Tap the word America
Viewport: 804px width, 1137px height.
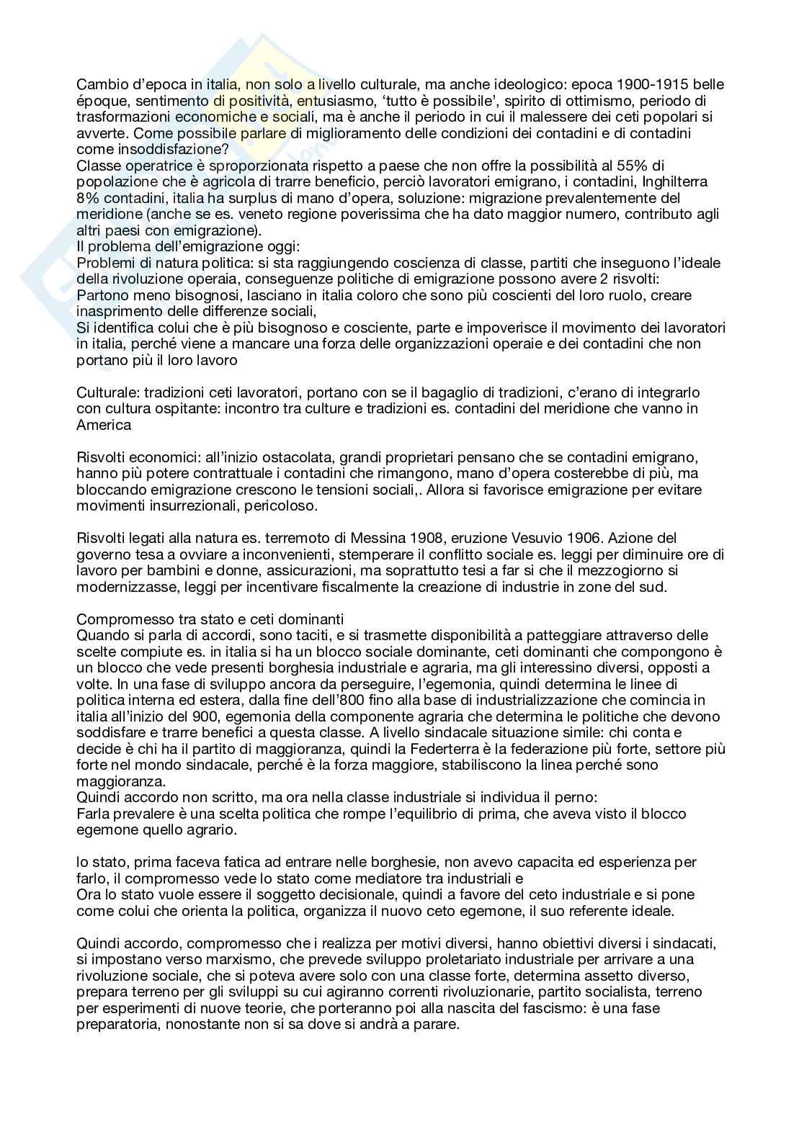(x=104, y=425)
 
